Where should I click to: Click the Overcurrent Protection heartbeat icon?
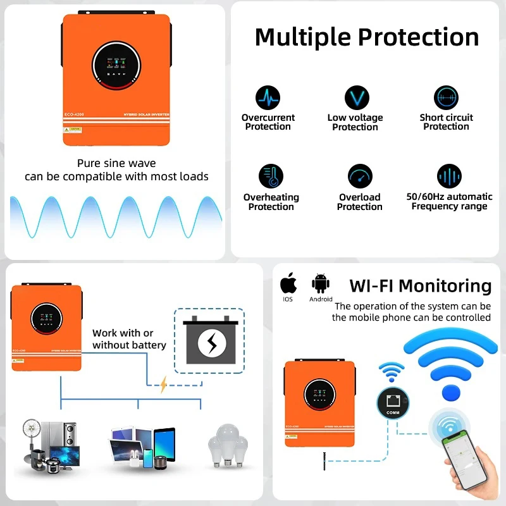coord(268,98)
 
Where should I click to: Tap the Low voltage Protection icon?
coord(356,98)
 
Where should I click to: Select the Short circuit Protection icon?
coord(446,98)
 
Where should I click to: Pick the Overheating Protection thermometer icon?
coord(271,176)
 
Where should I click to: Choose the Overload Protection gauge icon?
coord(360,176)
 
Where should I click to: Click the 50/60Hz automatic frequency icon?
coord(449,176)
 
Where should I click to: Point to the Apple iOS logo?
coord(288,283)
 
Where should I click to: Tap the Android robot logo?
coord(321,283)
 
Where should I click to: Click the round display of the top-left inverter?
coord(116,66)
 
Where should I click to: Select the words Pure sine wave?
coord(116,163)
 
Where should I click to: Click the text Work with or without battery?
coord(129,339)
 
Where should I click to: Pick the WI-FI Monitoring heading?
coord(420,286)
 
